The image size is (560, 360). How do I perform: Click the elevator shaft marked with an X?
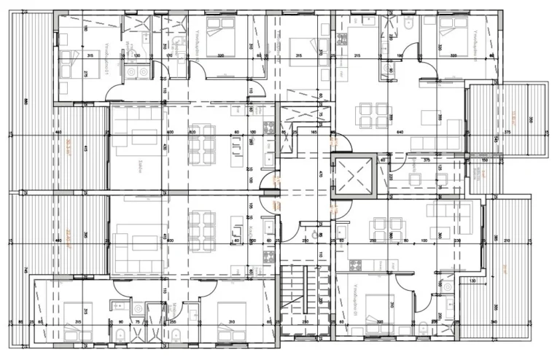coord(351,176)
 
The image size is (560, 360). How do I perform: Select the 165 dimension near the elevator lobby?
coord(314,133)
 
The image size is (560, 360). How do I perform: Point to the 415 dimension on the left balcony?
coord(85,149)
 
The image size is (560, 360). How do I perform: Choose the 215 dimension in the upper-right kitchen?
coord(357,55)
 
